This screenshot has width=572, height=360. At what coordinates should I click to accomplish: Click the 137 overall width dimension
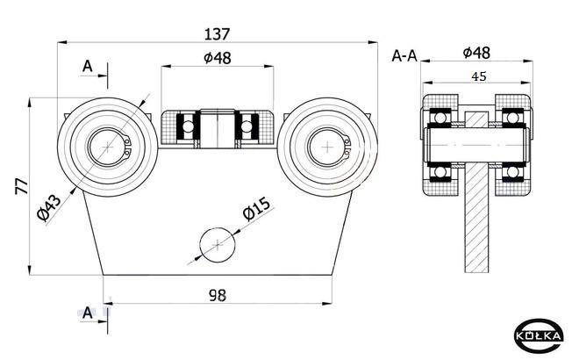(217, 34)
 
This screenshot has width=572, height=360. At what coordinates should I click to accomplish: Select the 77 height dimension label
(22, 186)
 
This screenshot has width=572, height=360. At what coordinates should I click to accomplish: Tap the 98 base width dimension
(218, 295)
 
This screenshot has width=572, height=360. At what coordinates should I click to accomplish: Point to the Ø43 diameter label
(49, 208)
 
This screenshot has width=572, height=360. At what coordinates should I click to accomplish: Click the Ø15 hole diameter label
(258, 209)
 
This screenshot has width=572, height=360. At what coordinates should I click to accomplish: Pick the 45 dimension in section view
(479, 76)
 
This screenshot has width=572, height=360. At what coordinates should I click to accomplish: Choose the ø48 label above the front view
(218, 58)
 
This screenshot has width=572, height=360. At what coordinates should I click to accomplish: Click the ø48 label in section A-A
(476, 53)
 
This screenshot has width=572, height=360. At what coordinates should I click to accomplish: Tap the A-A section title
(404, 56)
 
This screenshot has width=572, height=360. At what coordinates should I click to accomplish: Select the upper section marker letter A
(88, 67)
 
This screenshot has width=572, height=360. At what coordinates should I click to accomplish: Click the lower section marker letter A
(88, 313)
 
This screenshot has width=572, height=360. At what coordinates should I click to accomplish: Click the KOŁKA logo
(539, 335)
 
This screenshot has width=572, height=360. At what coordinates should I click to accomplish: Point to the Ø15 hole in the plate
(218, 245)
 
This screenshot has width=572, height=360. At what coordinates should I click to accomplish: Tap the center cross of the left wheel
(108, 148)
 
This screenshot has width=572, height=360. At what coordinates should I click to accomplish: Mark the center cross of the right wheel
(327, 148)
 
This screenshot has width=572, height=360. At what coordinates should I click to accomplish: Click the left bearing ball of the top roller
(189, 126)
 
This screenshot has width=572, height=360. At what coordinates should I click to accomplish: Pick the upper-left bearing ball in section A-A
(440, 118)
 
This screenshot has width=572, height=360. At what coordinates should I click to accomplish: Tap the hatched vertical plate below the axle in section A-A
(476, 218)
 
